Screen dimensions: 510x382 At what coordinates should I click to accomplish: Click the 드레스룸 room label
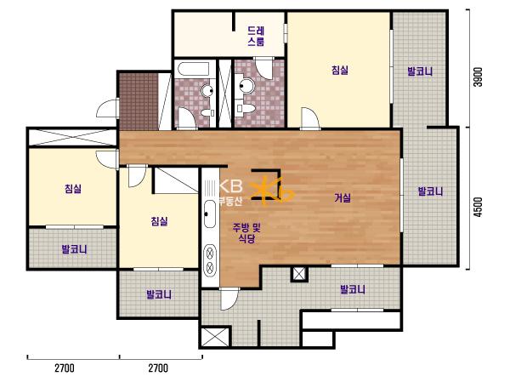coord(257,37)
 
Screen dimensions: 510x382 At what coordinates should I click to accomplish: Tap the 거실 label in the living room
coord(343,197)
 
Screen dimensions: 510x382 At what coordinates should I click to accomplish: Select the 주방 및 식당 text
coord(246,233)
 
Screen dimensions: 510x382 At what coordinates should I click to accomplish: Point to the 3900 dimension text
coord(478,77)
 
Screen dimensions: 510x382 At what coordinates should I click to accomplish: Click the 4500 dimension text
coord(478,207)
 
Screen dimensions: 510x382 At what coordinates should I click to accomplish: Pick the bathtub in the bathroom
coord(193,70)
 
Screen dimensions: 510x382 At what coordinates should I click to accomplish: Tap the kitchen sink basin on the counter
coord(210,214)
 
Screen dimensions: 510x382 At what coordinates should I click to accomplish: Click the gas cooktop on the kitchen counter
coord(210,259)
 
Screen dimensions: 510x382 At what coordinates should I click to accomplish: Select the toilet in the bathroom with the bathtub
coord(207,113)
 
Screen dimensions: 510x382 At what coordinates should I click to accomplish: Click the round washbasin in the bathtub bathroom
coord(207,91)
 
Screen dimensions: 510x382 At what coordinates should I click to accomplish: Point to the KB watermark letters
coord(231,186)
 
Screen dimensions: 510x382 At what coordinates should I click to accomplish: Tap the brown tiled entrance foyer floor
coord(139,101)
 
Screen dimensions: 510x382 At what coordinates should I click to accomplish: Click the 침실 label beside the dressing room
coord(340,70)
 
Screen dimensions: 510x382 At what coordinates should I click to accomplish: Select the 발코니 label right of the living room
coord(430,191)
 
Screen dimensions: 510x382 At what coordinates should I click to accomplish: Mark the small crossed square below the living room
coord(299,274)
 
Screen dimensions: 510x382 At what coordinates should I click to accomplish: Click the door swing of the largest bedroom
coord(310,118)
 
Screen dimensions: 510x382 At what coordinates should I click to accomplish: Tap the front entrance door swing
coord(108,108)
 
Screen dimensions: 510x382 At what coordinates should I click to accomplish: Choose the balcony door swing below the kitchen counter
coord(229,299)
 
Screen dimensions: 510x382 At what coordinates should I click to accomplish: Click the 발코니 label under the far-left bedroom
coord(75,249)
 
